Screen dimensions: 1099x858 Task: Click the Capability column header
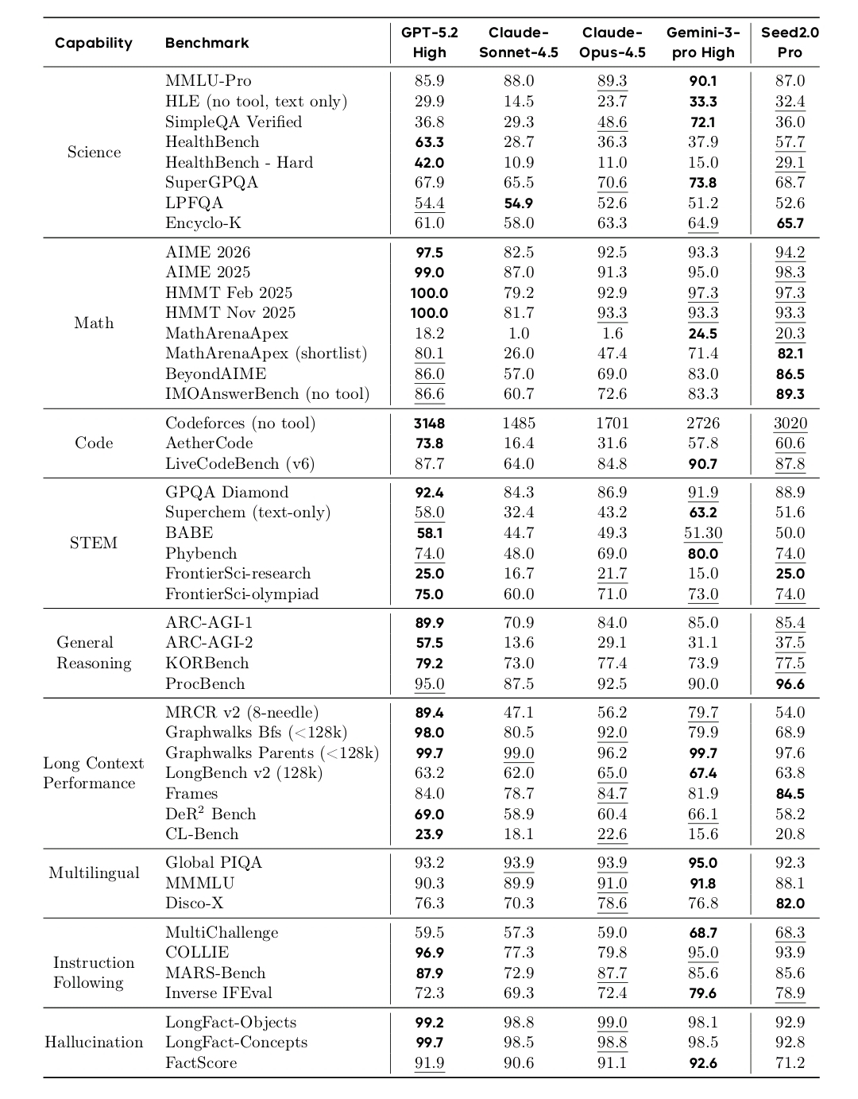point(94,43)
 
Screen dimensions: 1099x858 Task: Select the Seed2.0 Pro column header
point(790,43)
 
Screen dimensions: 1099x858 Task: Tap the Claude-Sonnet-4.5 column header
point(519,43)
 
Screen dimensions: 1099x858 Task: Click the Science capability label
point(94,153)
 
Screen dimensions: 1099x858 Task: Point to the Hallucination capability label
point(94,1043)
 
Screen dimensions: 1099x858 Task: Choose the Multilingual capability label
point(94,873)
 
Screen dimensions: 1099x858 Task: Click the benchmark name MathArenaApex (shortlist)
point(266,354)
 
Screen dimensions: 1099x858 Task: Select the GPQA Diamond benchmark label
point(226,493)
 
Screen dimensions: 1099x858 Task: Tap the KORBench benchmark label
point(207,664)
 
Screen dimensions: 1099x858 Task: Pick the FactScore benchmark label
point(201,1063)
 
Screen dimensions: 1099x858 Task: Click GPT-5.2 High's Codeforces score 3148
point(429,424)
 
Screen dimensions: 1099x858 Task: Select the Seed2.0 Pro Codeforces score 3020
point(790,424)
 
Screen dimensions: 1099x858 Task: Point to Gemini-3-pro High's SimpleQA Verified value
point(703,122)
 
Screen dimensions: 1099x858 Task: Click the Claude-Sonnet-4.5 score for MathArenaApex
point(519,334)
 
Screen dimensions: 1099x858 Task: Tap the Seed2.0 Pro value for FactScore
point(790,1063)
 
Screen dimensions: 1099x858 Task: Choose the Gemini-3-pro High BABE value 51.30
point(703,533)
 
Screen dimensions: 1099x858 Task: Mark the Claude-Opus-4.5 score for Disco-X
point(612,904)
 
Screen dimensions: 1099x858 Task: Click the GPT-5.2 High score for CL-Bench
point(429,834)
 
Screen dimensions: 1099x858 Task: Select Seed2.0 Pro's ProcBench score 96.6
point(790,684)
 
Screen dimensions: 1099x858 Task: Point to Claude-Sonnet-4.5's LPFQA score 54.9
point(519,203)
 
